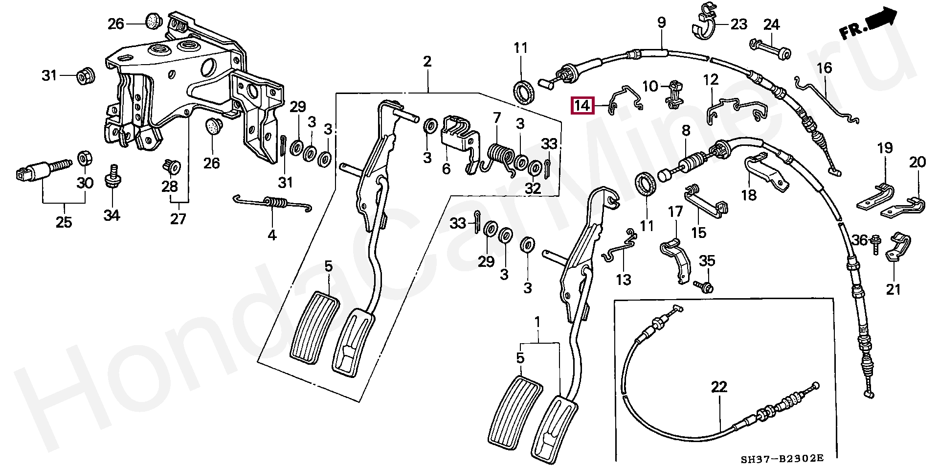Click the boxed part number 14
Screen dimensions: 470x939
click(x=582, y=105)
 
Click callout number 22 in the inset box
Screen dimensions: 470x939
click(x=719, y=387)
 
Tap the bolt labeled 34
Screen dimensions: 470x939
click(x=112, y=179)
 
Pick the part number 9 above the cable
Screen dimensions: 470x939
click(x=661, y=23)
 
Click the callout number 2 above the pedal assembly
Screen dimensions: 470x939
click(x=427, y=62)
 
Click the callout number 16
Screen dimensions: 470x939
click(x=824, y=68)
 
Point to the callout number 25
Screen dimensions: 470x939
click(x=64, y=222)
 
